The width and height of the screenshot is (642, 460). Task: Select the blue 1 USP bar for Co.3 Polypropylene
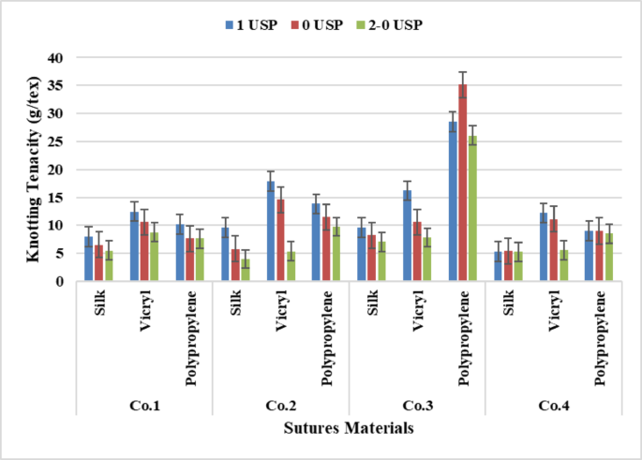pos(453,200)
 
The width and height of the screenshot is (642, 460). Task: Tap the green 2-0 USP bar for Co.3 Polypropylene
pos(472,208)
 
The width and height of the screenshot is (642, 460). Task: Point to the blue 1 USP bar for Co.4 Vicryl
pos(545,246)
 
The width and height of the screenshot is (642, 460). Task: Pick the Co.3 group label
pos(416,407)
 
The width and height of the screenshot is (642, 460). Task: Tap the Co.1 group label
pos(142,407)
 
